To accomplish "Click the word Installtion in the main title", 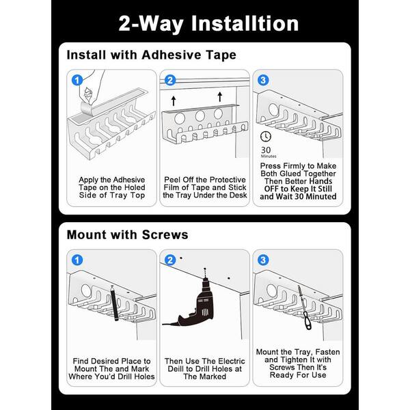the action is coord(245,23).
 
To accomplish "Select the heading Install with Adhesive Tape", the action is coord(152,55).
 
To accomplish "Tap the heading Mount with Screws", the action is coord(127,234).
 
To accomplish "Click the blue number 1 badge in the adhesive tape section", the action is coord(77,80).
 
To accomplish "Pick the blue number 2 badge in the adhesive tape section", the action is coord(170,80).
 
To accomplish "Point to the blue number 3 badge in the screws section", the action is coord(263,260).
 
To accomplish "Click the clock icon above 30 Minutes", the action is coord(266,136).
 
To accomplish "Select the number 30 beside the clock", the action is coord(266,150).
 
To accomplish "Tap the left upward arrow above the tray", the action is coord(174,100).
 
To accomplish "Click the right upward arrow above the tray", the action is coord(220,97).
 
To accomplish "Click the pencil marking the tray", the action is coord(114,303).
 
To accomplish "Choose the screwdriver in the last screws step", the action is coord(305,309).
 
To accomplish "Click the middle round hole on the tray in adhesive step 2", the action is coord(200,115).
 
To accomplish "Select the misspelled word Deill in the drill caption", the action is coord(177,369).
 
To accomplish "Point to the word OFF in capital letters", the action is coord(271,189).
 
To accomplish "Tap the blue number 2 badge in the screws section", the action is coord(170,260).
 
